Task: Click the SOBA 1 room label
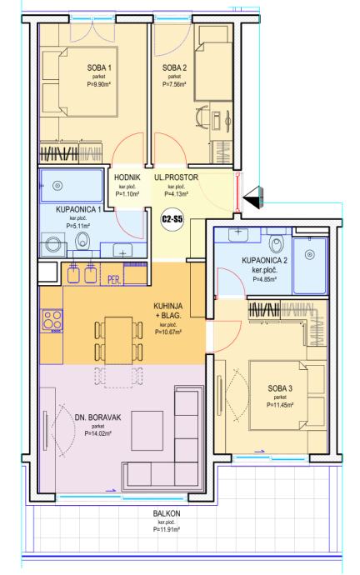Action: (99, 67)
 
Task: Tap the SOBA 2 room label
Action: (174, 67)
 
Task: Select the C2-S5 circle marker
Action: (172, 220)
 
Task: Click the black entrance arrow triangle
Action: (253, 197)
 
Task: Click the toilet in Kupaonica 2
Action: (276, 242)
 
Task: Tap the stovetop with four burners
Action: (52, 320)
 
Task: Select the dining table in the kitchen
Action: (118, 341)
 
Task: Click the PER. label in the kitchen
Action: (115, 282)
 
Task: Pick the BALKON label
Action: (167, 513)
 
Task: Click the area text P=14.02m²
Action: (97, 433)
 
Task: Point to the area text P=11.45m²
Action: (280, 405)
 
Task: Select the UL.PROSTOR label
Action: (176, 177)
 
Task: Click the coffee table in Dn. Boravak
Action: (147, 431)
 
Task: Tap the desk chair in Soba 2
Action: (201, 117)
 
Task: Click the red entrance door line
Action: (237, 192)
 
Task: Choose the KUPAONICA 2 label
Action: (264, 261)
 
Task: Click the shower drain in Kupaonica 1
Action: (57, 186)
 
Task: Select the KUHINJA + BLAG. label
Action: (168, 311)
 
